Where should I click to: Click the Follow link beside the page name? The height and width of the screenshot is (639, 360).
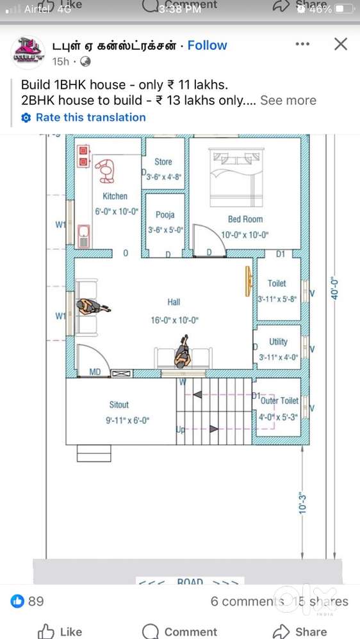[x=207, y=45]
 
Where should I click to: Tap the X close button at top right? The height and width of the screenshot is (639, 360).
[x=341, y=44]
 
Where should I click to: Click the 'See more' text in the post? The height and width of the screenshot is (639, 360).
[x=288, y=101]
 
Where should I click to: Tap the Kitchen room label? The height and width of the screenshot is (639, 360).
[x=115, y=197]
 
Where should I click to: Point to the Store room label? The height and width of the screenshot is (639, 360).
[x=163, y=162]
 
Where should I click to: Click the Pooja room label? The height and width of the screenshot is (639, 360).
[x=165, y=215]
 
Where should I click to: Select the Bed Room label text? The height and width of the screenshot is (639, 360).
[x=245, y=219]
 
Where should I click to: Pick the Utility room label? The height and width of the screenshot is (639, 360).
[x=279, y=342]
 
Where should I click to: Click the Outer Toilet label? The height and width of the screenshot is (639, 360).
[x=280, y=401]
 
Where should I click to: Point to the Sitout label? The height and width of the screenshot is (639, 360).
[x=119, y=405]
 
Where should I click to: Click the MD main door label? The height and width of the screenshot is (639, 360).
[x=95, y=372]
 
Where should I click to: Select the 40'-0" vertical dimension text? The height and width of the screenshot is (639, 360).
[x=334, y=288]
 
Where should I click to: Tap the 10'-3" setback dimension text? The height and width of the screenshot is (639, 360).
[x=304, y=502]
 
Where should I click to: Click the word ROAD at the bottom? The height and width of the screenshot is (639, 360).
[x=190, y=582]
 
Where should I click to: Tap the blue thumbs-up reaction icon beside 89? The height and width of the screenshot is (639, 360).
[x=17, y=601]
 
